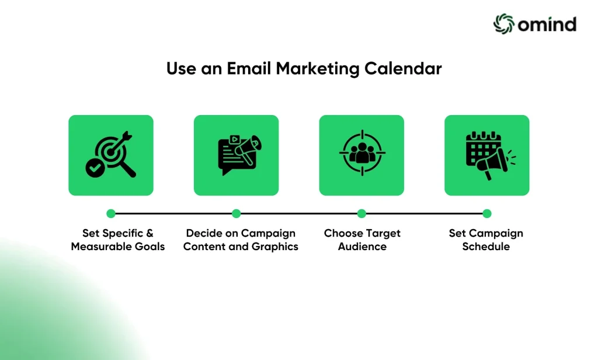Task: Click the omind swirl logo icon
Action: (x=504, y=24)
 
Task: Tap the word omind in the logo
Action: (x=547, y=25)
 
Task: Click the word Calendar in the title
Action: (x=403, y=69)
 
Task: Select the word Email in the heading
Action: (x=249, y=69)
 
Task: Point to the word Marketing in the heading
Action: (x=317, y=70)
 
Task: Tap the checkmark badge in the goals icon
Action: (x=95, y=168)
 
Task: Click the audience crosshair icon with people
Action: (x=362, y=153)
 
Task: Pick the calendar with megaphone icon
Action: (x=491, y=155)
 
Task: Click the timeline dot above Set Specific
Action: (x=111, y=213)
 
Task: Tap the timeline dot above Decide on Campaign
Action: (x=236, y=213)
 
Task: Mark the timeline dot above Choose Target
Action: (x=361, y=213)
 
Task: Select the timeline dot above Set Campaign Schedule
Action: (x=486, y=213)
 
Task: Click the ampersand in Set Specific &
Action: (x=149, y=233)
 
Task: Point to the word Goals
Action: (x=149, y=247)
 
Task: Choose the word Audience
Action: (x=362, y=247)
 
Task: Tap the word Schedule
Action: (x=486, y=247)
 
